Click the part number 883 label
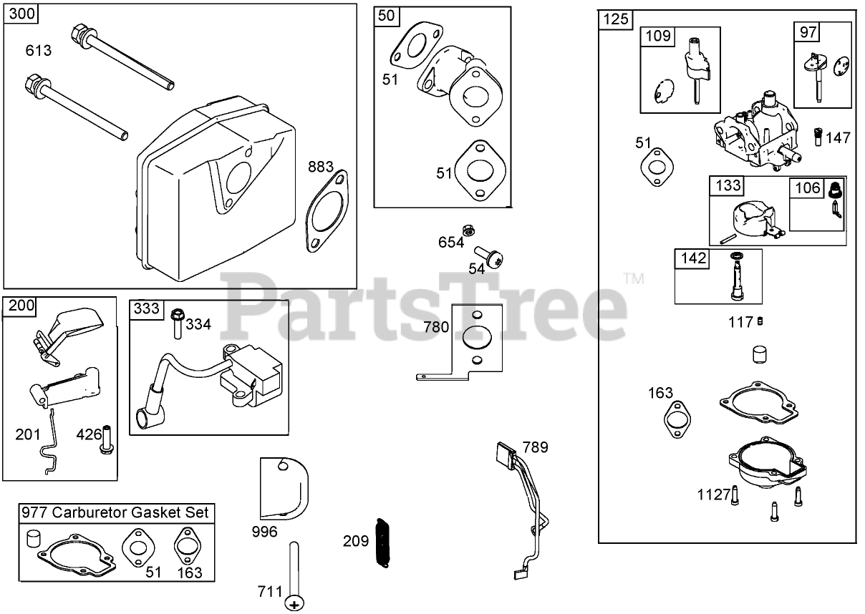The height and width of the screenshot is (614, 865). pyautogui.click(x=321, y=167)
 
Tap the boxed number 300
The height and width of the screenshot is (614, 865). pyautogui.click(x=20, y=14)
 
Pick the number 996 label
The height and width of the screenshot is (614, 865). pyautogui.click(x=265, y=532)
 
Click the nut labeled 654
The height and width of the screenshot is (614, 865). pyautogui.click(x=468, y=230)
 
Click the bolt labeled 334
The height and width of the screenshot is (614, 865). pyautogui.click(x=178, y=323)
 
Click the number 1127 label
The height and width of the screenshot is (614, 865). pyautogui.click(x=713, y=494)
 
